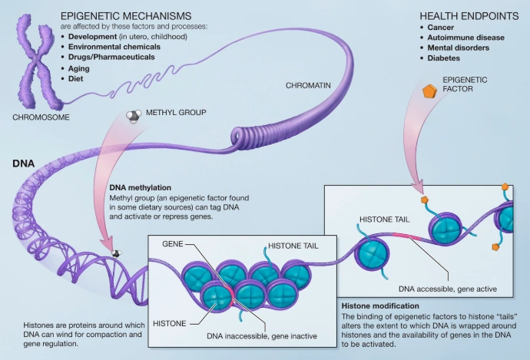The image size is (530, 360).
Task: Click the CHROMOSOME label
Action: click(x=41, y=117)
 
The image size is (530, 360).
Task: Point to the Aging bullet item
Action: click(x=81, y=68)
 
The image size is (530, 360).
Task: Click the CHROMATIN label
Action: click(x=312, y=86)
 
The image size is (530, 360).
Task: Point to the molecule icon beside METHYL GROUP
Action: click(x=133, y=115)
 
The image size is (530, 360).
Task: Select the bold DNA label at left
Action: click(x=23, y=163)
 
